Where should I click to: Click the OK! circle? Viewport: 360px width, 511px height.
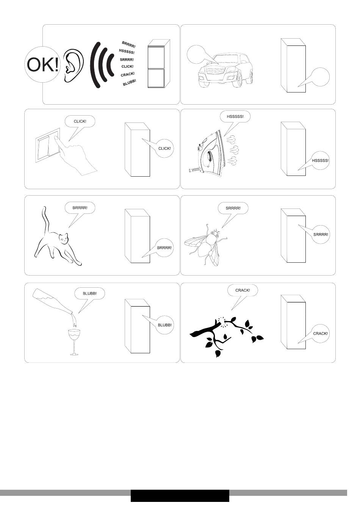coord(43,64)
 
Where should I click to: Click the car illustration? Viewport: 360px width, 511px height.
coord(225,70)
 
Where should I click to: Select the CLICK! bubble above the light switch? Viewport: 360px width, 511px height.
coord(80,121)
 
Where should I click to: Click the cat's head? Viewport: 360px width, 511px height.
coord(64,238)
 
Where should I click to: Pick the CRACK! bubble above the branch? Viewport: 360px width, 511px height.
coord(243,290)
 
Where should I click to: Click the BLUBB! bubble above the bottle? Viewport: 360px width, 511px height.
coord(89,293)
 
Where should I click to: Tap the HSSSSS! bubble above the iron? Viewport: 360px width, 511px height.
coord(235,117)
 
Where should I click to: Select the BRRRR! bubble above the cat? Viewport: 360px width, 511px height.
coord(80,208)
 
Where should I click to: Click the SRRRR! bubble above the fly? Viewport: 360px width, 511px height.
coord(233,208)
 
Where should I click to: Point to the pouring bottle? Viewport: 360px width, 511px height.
coord(53,301)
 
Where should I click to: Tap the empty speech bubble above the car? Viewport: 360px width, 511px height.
coord(196,54)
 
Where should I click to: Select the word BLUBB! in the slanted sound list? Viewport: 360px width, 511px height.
coord(129,83)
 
